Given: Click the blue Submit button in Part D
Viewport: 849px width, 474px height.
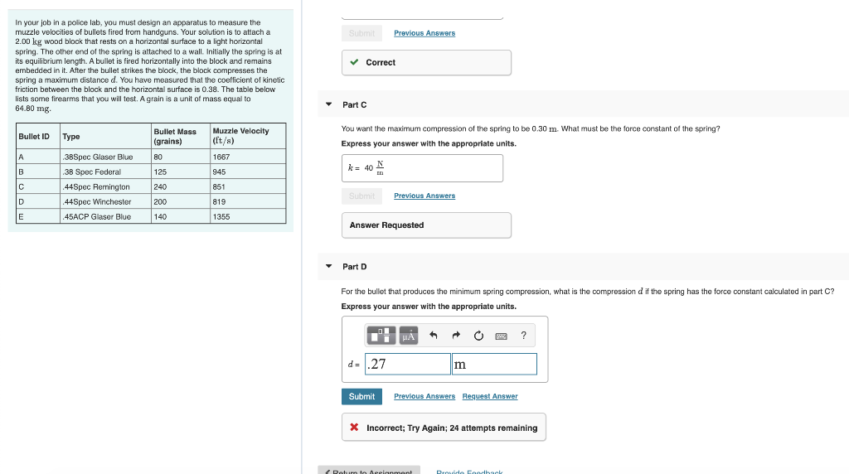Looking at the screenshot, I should tap(361, 396).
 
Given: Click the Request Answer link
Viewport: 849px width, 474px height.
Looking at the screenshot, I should tap(489, 396).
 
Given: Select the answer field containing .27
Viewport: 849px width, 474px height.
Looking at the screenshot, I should tap(407, 364).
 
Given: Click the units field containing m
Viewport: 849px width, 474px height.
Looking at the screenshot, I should tap(494, 364).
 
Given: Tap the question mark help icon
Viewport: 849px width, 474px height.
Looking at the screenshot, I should tap(523, 336).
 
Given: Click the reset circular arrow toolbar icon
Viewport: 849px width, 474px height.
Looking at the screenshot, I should tap(478, 336).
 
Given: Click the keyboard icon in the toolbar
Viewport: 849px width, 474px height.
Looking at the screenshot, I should tap(501, 336).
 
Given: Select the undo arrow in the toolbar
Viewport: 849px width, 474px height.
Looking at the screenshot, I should tap(433, 336).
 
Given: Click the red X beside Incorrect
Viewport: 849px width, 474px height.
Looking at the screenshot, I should tap(354, 428).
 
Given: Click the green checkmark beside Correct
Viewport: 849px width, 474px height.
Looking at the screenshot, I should tap(354, 62).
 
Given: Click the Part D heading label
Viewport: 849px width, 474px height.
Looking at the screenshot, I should tap(354, 267).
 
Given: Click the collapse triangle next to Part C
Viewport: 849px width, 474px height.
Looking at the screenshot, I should tap(328, 104).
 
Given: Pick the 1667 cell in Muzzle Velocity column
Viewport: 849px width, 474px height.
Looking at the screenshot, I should tap(221, 157).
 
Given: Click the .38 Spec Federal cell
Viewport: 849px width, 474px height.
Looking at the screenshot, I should tap(93, 172).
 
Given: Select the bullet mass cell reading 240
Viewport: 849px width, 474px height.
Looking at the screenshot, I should tap(160, 186).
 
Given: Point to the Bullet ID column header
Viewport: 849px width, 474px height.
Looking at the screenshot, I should tap(34, 136).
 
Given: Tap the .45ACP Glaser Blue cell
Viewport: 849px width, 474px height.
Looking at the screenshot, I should tap(98, 216).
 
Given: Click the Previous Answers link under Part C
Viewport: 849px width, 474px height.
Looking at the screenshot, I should tap(424, 196).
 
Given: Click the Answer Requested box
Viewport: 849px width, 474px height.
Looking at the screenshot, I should tap(426, 225).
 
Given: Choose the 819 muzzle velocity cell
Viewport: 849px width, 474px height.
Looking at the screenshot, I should tap(220, 201).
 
